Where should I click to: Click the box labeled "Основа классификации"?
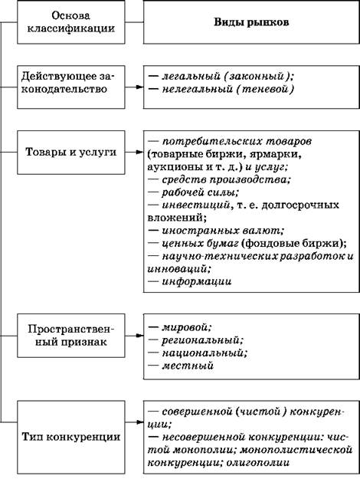[70, 22]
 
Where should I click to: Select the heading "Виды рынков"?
[251, 22]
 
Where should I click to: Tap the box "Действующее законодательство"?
[70, 87]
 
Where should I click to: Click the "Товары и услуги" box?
[70, 153]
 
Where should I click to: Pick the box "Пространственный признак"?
[70, 336]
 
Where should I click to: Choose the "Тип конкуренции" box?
[70, 437]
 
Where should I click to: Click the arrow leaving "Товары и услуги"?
[134, 153]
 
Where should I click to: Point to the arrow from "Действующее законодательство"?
[134, 87]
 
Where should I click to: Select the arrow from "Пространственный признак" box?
[134, 336]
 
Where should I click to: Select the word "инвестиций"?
[195, 205]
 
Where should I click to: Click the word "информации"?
[196, 281]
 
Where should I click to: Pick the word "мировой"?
[186, 327]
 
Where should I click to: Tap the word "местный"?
[187, 366]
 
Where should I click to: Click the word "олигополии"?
[257, 462]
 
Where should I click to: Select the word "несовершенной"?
[203, 437]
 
